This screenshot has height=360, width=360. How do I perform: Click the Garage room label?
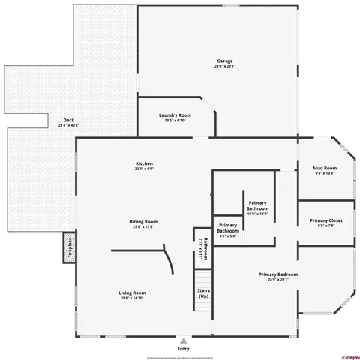point(224,61)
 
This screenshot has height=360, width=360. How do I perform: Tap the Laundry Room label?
point(175,115)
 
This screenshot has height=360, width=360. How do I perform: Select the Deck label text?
point(69,120)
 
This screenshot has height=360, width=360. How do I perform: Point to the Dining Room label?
point(143,221)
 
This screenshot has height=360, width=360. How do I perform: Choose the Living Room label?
point(132,292)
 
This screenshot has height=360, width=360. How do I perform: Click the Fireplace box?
point(70,247)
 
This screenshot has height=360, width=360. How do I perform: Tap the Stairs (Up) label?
point(203,293)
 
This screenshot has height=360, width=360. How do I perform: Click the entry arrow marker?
point(183,340)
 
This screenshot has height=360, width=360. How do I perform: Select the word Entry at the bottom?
point(183,349)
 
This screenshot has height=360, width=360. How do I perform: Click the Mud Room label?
point(325,168)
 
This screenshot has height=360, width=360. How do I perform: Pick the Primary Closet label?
point(325,220)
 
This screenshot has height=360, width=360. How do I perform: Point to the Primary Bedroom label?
point(278,274)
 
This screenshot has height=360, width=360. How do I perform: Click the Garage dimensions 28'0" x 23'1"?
point(224,66)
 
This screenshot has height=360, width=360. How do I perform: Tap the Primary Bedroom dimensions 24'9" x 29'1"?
point(278,280)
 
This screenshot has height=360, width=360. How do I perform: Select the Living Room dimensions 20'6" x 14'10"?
point(132,298)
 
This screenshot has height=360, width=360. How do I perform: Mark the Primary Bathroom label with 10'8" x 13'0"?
point(257,208)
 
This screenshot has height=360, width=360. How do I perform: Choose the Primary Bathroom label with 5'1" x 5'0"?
point(228,231)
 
